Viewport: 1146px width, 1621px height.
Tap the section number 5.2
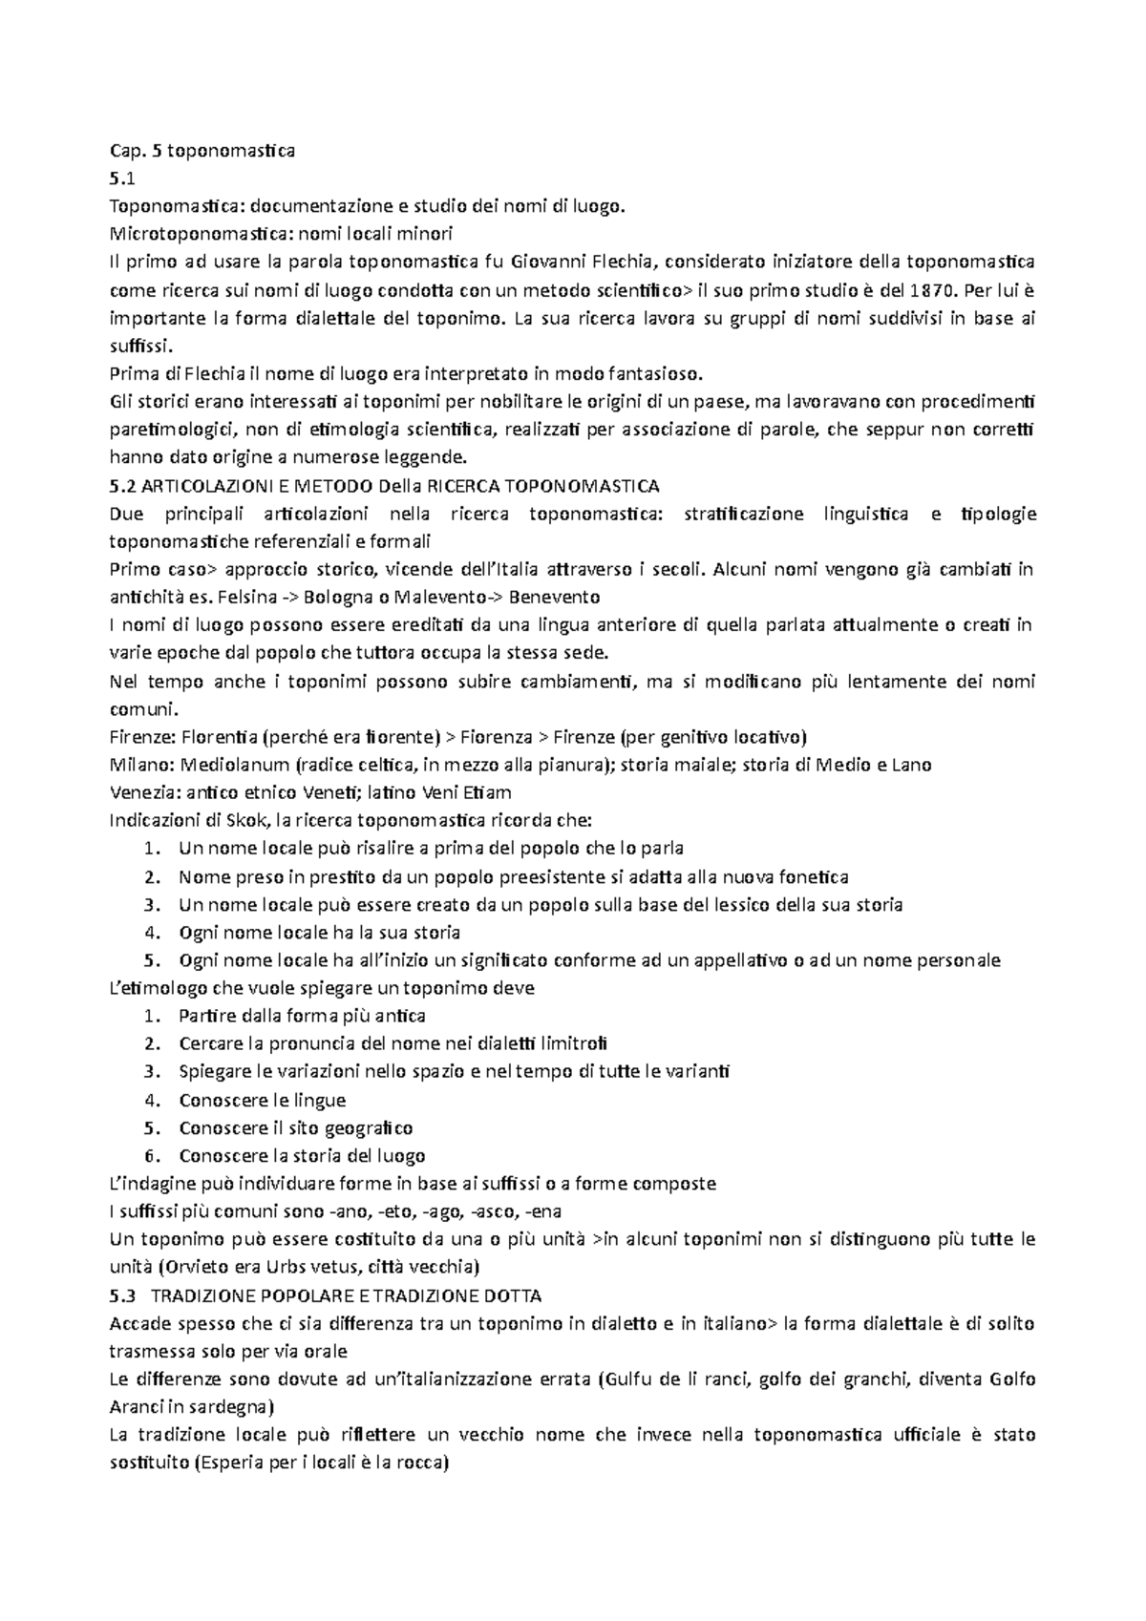click(x=123, y=486)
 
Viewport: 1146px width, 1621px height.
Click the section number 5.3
click(x=123, y=1295)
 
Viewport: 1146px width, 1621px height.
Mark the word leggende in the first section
click(x=426, y=457)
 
